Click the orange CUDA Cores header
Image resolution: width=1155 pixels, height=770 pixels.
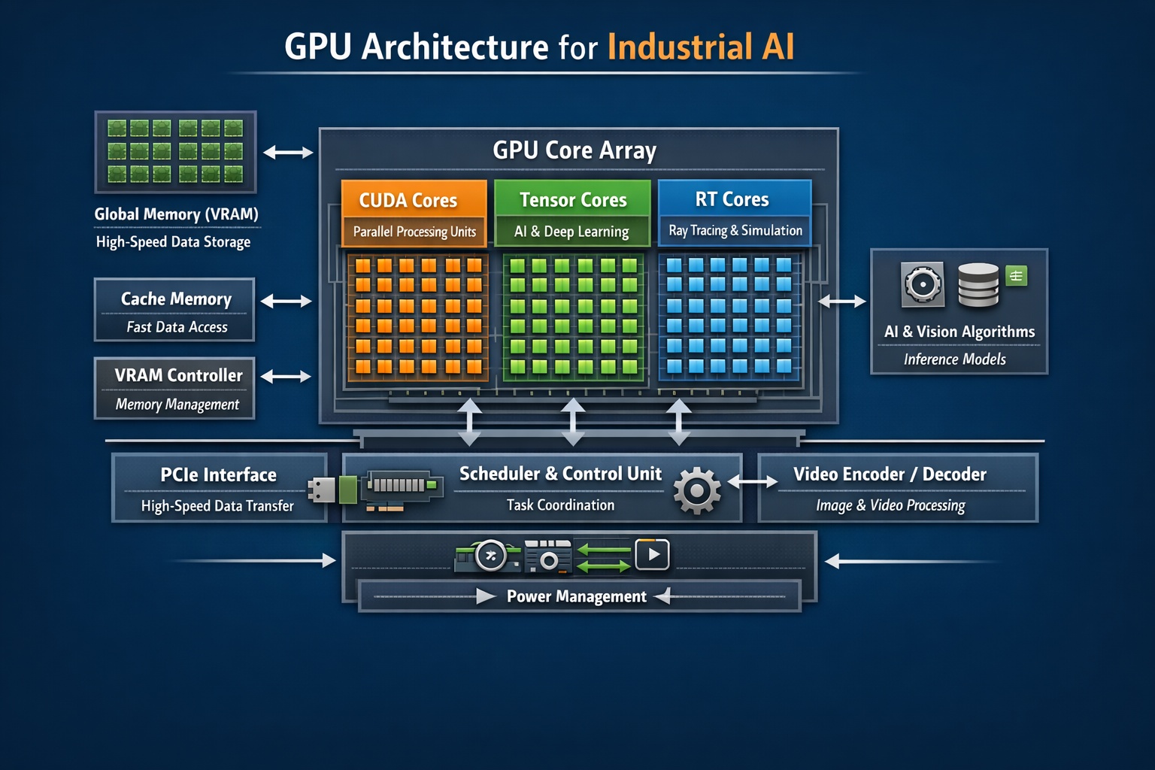coord(408,200)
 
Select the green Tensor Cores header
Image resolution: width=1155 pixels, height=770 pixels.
coord(573,200)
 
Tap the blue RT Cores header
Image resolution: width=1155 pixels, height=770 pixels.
coord(732,199)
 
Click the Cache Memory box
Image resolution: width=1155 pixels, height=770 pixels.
coord(174,310)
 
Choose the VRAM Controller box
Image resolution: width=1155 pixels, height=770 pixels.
coord(174,388)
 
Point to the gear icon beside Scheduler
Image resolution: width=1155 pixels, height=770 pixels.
coord(696,490)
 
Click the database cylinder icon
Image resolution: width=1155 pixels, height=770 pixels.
coord(978,284)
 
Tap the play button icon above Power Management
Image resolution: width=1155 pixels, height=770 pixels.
coord(652,555)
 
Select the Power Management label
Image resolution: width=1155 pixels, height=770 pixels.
coord(576,596)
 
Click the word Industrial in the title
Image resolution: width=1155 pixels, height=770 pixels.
coord(680,47)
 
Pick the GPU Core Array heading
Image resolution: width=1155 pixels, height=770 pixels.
coord(574,150)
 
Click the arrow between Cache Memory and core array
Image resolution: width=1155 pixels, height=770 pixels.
coord(286,302)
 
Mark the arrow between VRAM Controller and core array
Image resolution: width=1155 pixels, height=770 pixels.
coord(286,376)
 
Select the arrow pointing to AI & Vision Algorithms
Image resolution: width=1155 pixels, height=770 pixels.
coord(842,302)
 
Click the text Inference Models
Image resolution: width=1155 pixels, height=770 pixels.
coord(954,359)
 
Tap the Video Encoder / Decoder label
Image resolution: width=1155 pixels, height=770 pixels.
coord(890,474)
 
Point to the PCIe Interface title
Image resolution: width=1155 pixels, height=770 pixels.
coord(218,475)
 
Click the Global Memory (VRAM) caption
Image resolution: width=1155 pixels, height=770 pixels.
coord(176,214)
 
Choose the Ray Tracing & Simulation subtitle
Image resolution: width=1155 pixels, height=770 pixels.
coord(735,231)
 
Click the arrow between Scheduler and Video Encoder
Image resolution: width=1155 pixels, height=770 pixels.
coord(753,482)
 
